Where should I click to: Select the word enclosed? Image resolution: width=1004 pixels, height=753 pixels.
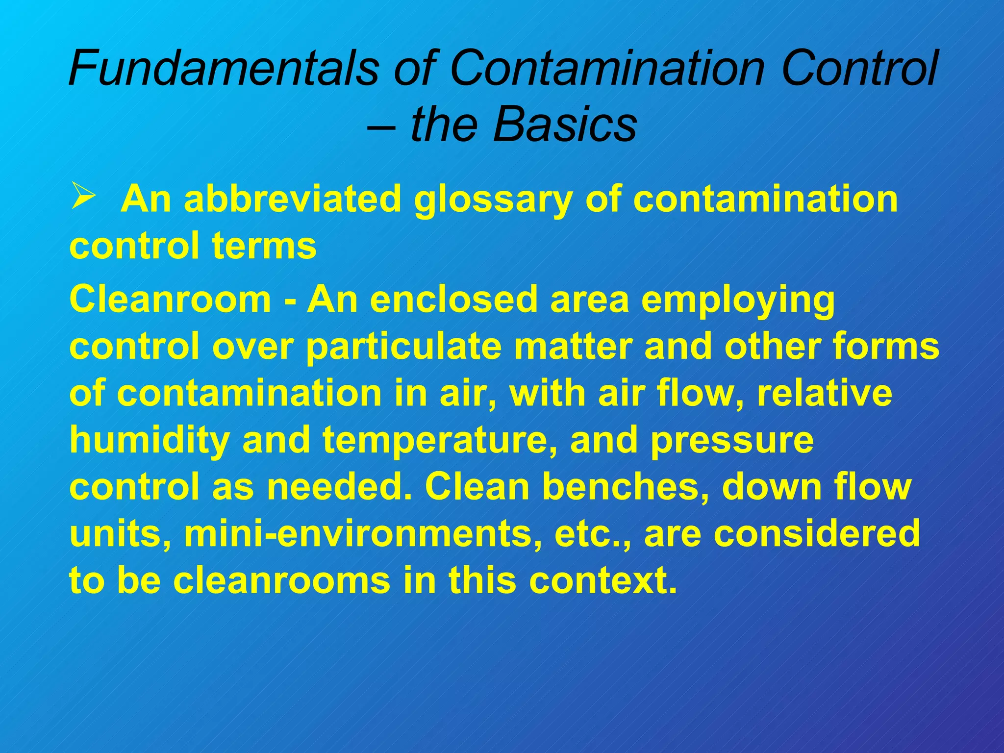pyautogui.click(x=454, y=299)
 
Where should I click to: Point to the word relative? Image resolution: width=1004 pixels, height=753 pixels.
pyautogui.click(x=824, y=394)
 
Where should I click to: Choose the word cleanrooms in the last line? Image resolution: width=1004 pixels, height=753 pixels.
pyautogui.click(x=281, y=580)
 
